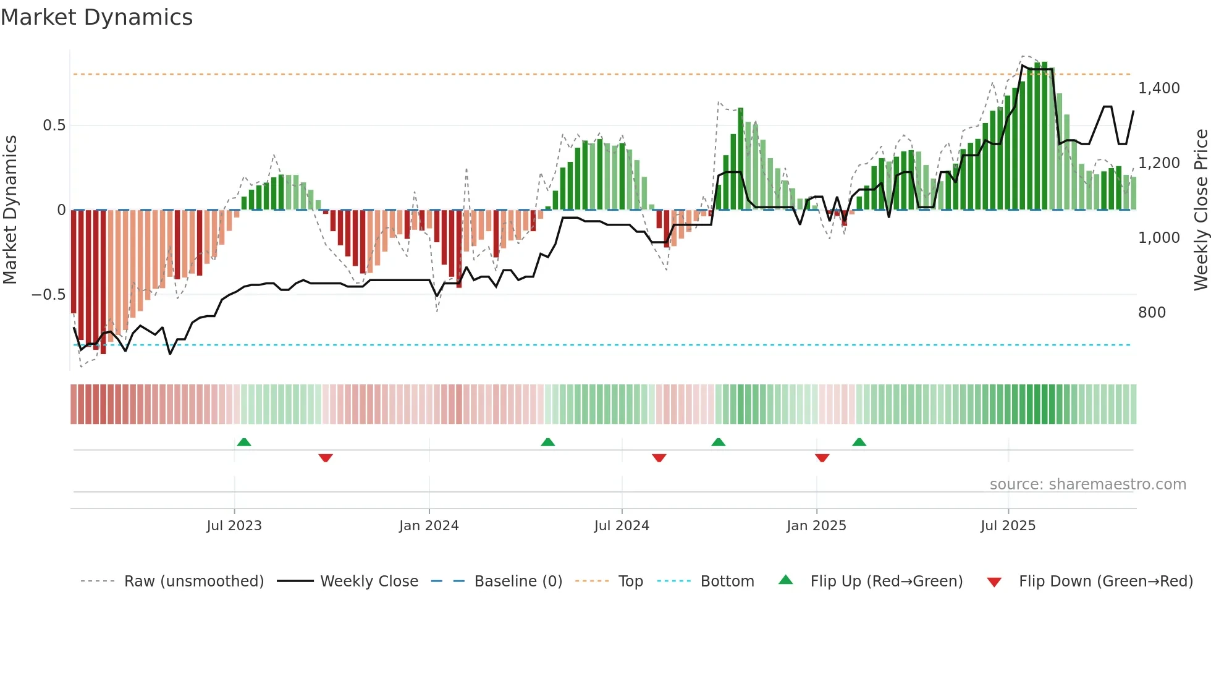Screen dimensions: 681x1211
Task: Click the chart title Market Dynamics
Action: [x=96, y=17]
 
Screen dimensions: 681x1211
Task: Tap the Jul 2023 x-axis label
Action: [x=234, y=526]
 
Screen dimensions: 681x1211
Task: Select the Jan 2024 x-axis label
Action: [x=429, y=526]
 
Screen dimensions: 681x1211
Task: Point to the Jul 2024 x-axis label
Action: [x=622, y=526]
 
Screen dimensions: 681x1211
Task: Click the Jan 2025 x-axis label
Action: [x=816, y=526]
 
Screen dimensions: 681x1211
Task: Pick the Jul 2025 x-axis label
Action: [x=1008, y=526]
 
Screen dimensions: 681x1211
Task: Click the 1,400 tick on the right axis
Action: [x=1158, y=88]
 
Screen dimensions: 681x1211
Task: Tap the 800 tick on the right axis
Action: [x=1152, y=313]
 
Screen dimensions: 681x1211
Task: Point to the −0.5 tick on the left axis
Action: [x=48, y=295]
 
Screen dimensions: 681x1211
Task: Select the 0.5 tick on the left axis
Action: [x=54, y=125]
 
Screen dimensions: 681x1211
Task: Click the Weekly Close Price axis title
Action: [x=1200, y=209]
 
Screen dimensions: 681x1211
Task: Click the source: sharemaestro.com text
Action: [x=1087, y=484]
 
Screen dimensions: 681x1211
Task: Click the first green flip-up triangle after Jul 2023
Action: [x=244, y=442]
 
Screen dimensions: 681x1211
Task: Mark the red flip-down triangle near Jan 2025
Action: [x=822, y=458]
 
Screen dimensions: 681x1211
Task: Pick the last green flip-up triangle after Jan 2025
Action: [x=859, y=442]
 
